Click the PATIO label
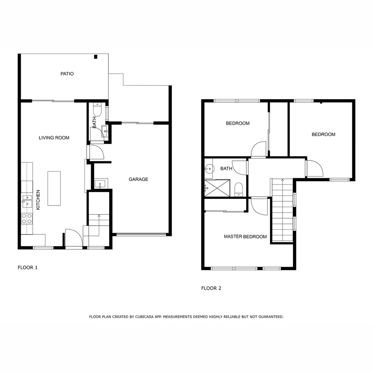(x=67, y=74)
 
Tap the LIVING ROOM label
(x=54, y=138)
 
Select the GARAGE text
(x=138, y=179)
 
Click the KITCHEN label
(x=38, y=200)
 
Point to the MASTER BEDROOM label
(x=245, y=237)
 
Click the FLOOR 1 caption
(x=28, y=267)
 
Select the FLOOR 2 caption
(x=211, y=288)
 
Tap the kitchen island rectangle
(x=54, y=188)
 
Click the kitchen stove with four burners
(x=27, y=218)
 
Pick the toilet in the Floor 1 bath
(x=97, y=110)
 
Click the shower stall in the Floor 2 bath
(x=217, y=188)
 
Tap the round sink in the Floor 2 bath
(x=208, y=169)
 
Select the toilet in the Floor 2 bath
(x=239, y=189)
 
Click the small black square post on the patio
(x=96, y=57)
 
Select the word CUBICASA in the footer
(x=144, y=316)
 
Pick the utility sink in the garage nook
(x=101, y=184)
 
